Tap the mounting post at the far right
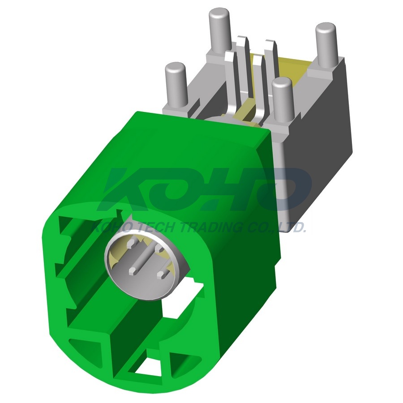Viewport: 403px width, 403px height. (x=326, y=45)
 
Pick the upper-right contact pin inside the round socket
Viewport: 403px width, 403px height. (x=159, y=248)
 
